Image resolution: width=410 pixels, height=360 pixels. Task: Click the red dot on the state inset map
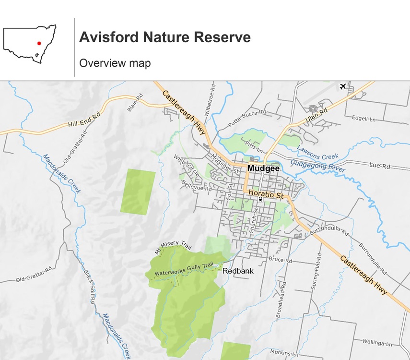point(39,43)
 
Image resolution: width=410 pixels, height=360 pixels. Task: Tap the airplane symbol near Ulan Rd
point(342,86)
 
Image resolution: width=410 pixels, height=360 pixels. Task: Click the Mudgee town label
point(263,168)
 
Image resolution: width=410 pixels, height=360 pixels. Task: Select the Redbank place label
point(238,271)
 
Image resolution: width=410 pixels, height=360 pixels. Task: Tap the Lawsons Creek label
point(317,153)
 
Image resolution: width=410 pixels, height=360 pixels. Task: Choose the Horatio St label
point(267,194)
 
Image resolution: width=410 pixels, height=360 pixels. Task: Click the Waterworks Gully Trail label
point(184,270)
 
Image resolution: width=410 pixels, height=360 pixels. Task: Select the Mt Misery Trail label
point(173,248)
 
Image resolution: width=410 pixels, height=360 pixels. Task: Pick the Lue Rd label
point(380,166)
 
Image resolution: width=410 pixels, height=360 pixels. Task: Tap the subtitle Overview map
point(115,63)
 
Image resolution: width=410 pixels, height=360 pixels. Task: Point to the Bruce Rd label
point(280,260)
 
